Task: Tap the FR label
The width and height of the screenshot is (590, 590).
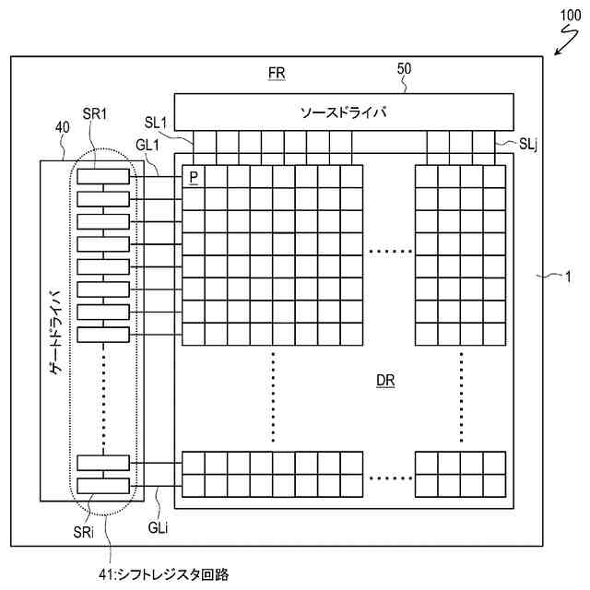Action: (276, 74)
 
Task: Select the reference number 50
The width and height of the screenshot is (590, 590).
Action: (404, 68)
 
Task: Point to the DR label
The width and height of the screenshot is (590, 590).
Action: (386, 381)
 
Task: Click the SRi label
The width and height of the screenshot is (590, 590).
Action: (83, 535)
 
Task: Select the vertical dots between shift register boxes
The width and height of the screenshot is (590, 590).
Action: (102, 396)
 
